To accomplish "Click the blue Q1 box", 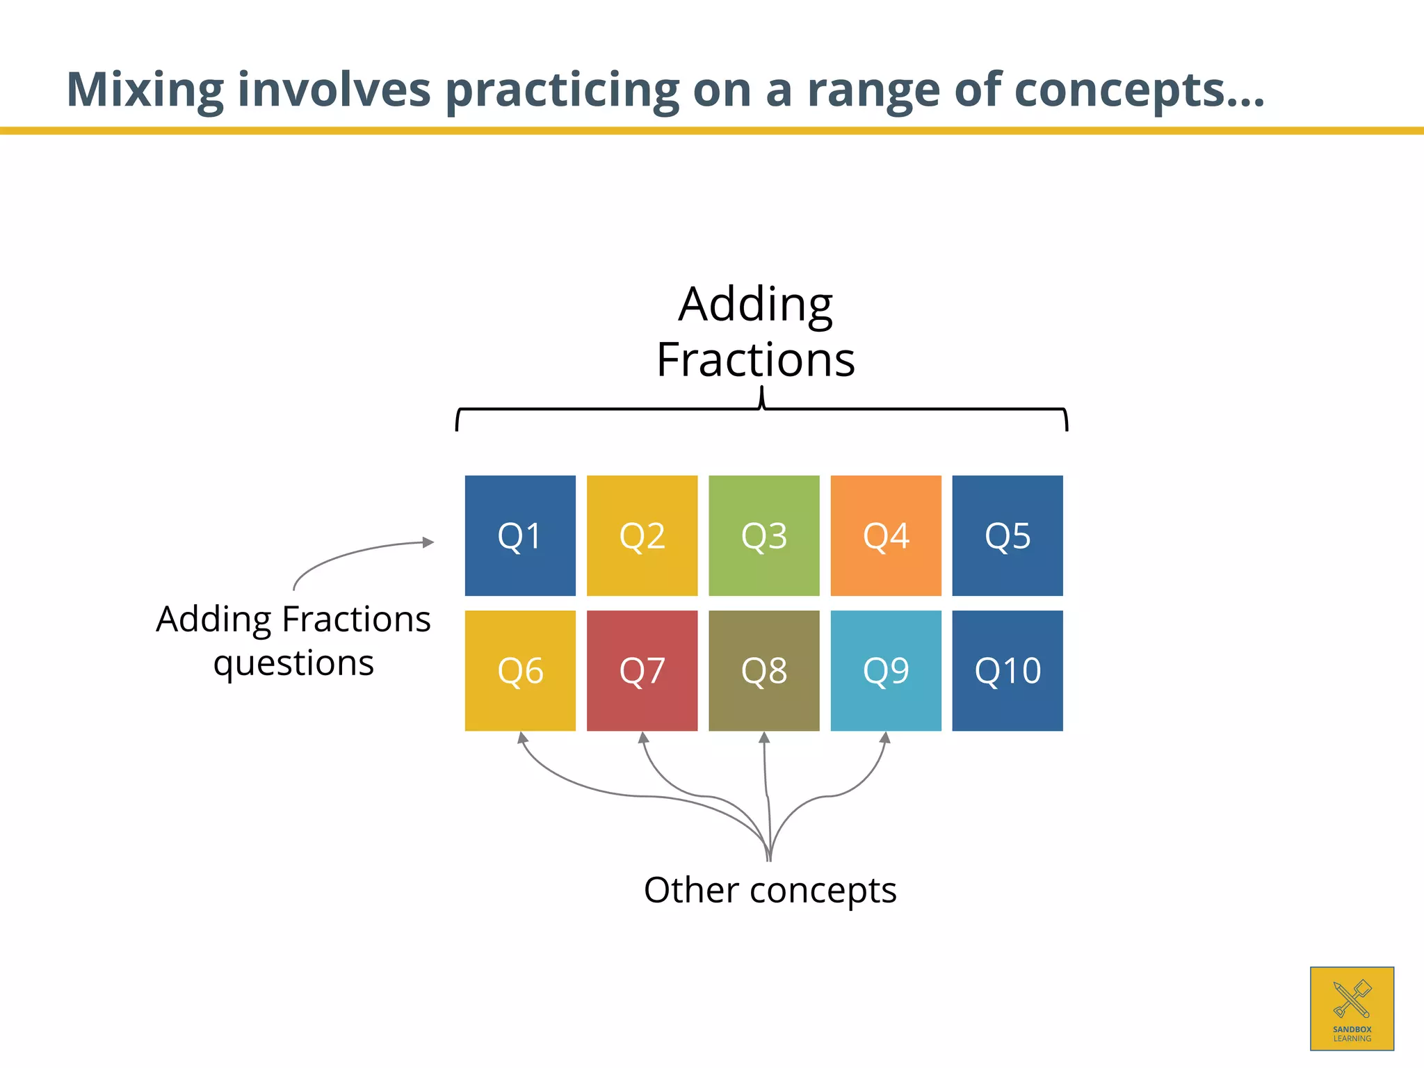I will point(520,535).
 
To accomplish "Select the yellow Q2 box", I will point(642,535).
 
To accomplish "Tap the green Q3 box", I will point(763,535).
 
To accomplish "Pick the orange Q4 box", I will point(886,535).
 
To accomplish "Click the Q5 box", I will point(1008,535).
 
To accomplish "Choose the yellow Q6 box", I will point(520,670).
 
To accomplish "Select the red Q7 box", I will point(642,670).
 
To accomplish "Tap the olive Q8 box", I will point(763,670).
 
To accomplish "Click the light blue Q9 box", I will point(886,670).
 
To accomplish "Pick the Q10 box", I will point(1008,670).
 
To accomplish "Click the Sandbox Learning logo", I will point(1352,1008).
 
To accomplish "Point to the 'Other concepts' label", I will point(770,890).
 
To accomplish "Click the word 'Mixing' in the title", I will point(145,90).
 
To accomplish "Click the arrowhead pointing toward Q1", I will point(428,542).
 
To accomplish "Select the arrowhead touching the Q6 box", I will point(522,738).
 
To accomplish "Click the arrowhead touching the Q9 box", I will point(885,738).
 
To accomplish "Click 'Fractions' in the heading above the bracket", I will point(756,360).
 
